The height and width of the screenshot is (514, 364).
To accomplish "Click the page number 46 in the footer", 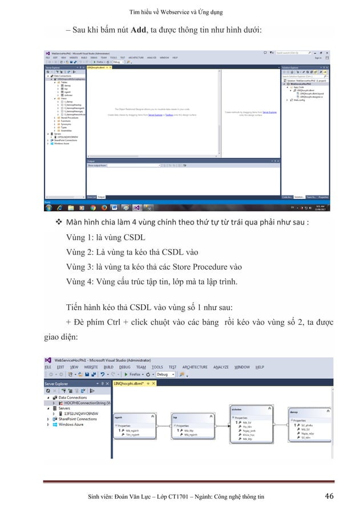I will (x=329, y=496).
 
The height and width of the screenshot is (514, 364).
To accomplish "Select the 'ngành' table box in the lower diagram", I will (x=131, y=433).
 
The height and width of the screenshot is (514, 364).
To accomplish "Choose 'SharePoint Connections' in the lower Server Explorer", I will (x=78, y=419).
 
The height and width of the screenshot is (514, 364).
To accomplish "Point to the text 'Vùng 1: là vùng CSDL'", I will (x=110, y=236).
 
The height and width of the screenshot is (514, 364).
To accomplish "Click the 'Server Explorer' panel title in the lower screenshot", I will (x=61, y=384).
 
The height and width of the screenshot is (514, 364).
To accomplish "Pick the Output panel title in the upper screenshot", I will (x=91, y=161).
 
